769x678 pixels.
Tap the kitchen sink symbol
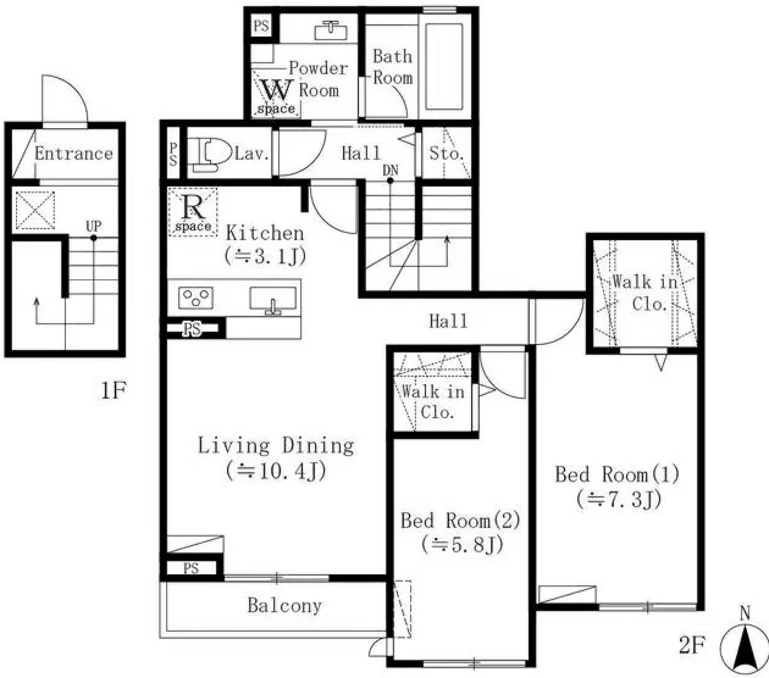click(x=274, y=300)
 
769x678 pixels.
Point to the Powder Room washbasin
click(x=331, y=29)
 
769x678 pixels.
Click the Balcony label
click(x=284, y=605)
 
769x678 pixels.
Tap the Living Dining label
click(x=276, y=446)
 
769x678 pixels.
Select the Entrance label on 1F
click(x=73, y=154)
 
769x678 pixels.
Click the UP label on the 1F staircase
click(x=94, y=227)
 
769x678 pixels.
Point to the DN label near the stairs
click(x=390, y=170)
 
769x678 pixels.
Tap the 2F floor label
click(x=691, y=645)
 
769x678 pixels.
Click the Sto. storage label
click(x=446, y=154)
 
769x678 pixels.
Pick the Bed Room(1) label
click(x=616, y=474)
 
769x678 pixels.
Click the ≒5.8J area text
click(x=462, y=545)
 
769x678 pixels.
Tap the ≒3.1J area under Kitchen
click(x=265, y=256)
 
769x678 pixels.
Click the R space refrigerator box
click(x=193, y=212)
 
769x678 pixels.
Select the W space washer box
click(x=276, y=97)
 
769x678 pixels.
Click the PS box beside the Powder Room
click(x=261, y=26)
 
